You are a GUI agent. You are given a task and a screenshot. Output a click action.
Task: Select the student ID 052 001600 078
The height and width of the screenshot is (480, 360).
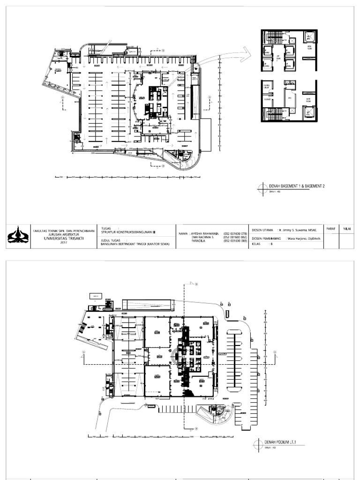click(x=236, y=233)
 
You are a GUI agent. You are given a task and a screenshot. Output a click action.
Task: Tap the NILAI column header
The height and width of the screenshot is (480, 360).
click(x=347, y=229)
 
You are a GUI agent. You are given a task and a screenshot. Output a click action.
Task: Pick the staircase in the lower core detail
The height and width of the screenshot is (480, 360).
click(x=271, y=113)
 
